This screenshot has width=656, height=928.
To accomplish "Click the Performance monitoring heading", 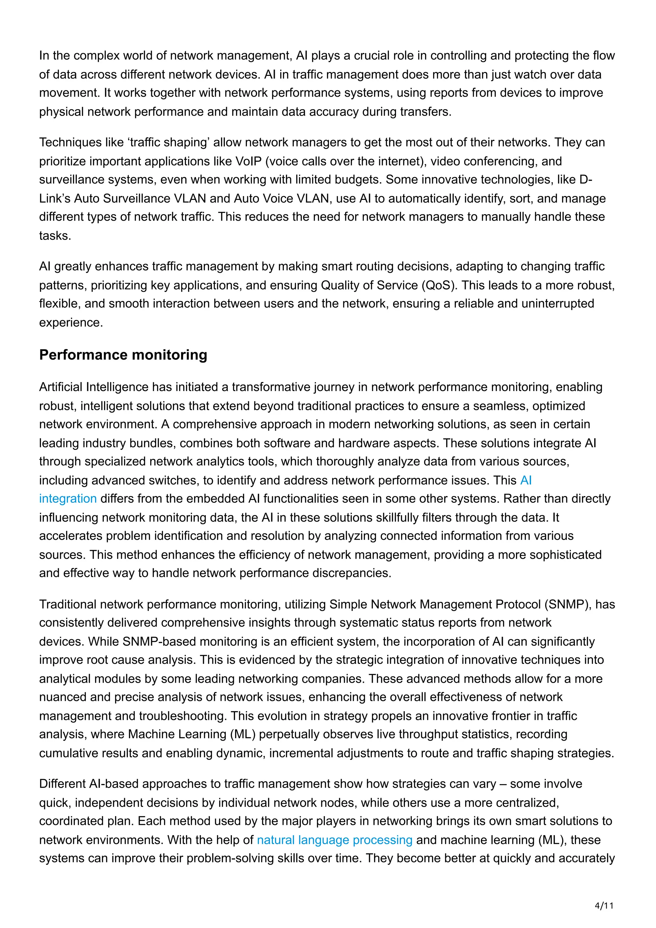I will click(123, 355).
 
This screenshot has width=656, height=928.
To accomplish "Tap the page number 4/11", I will click(604, 906).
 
